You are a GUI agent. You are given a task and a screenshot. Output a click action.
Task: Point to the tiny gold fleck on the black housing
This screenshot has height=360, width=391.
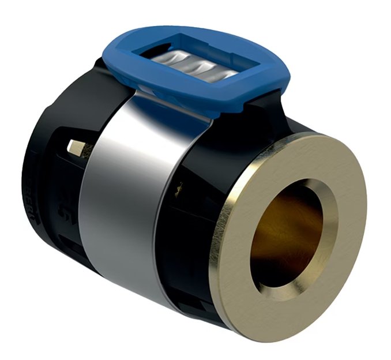click(x=181, y=185)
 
